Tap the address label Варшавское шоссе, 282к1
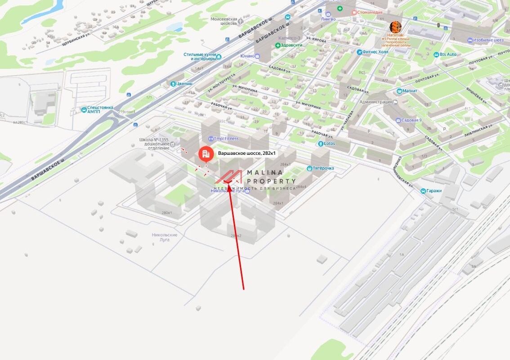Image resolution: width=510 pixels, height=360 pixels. coord(247,153)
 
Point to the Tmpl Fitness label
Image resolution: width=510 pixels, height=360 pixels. coord(226,139)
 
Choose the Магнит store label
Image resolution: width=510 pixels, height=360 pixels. coord(410,91)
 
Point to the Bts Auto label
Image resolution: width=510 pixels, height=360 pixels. coord(447,54)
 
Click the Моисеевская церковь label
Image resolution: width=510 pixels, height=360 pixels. coord(224,22)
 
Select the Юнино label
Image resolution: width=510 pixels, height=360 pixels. coord(248,56)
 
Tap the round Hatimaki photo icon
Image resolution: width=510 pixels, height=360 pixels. coord(395,27)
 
